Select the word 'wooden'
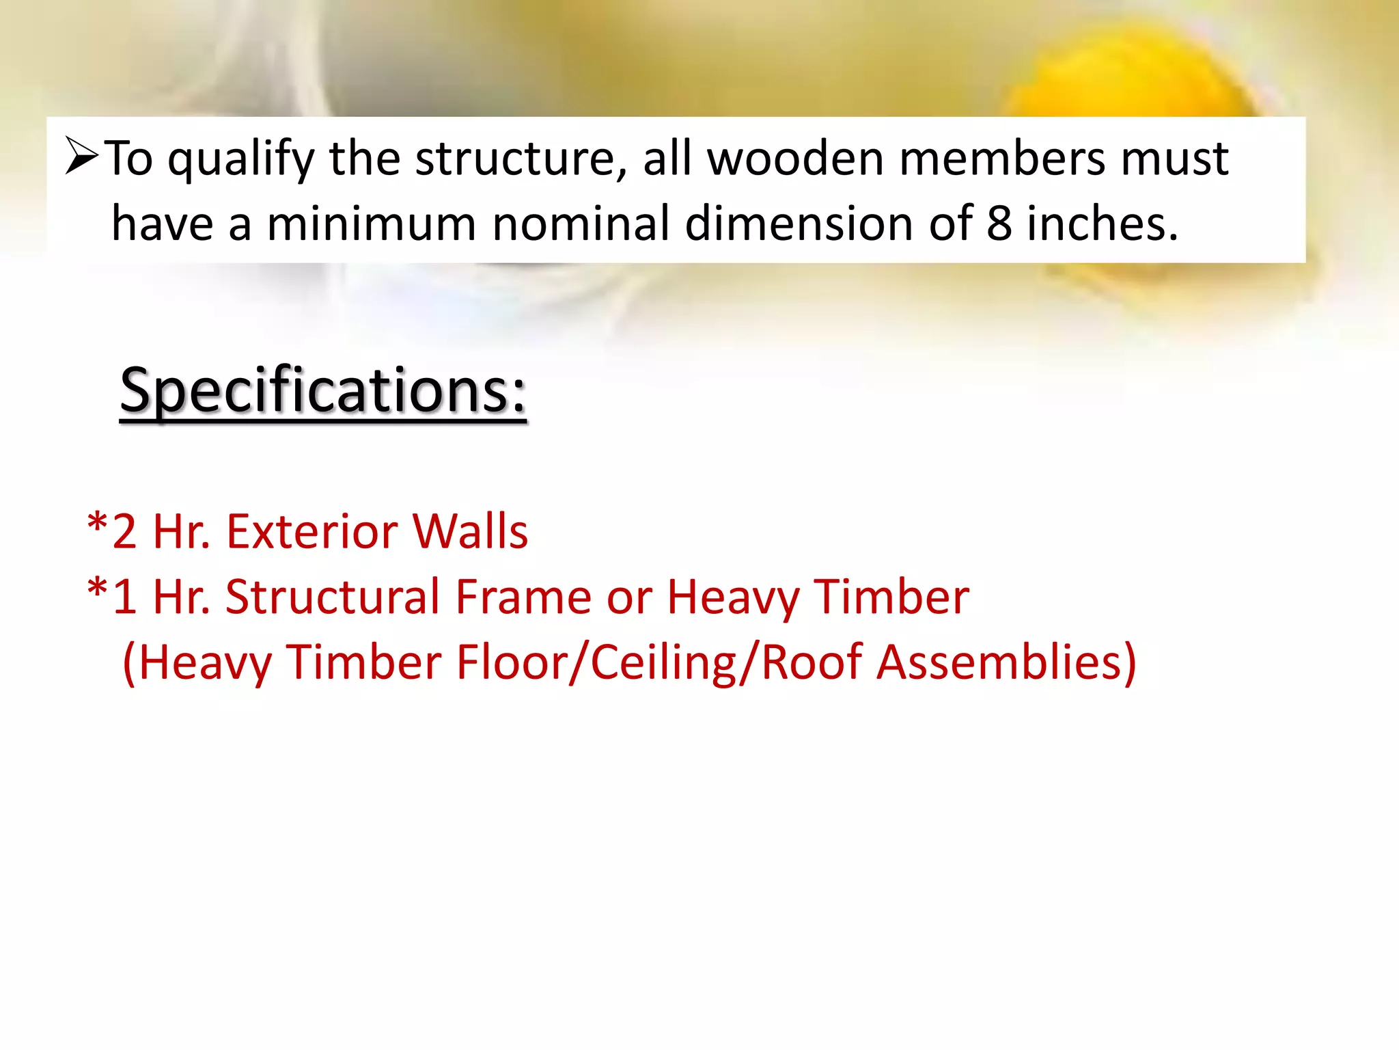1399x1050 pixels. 794,159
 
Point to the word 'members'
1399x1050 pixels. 1000,159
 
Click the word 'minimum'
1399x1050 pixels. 371,224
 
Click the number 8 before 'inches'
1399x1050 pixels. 999,224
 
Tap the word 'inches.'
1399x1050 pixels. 1103,224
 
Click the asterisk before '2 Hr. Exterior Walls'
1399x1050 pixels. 98,526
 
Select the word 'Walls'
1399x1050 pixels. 470,532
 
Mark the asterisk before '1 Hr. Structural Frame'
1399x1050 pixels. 98,591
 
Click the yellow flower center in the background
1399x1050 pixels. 1120,75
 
